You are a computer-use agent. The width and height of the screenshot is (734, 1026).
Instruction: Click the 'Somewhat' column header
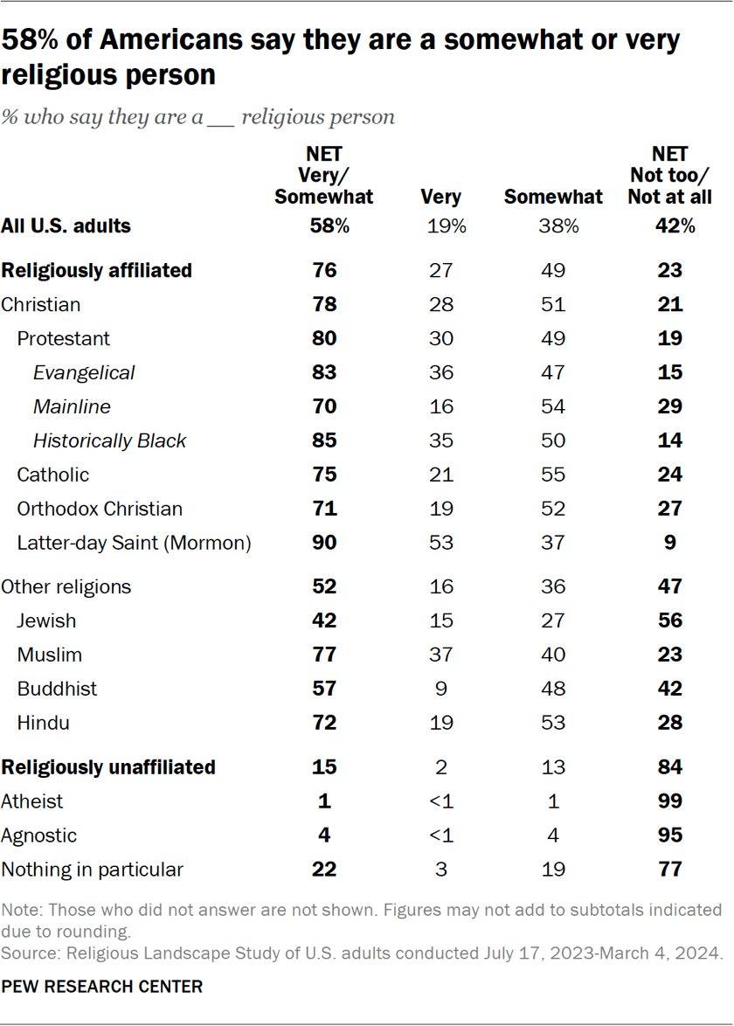point(553,197)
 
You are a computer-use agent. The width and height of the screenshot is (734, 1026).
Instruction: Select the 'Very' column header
point(440,197)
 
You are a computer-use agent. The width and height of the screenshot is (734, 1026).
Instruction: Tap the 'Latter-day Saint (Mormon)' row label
point(135,543)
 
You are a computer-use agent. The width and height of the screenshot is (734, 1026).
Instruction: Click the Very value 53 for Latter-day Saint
point(440,543)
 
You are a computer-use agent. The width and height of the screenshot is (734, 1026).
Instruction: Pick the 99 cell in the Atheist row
point(670,801)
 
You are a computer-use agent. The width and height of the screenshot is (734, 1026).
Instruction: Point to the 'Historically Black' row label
point(109,440)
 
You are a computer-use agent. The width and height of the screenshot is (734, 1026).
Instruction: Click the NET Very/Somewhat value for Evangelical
point(324,372)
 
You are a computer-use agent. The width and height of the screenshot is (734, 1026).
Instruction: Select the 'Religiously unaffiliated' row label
point(108,767)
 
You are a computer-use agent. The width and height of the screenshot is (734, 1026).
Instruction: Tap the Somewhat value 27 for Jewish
point(553,620)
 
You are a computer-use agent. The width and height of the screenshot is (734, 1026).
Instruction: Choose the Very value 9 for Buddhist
point(440,689)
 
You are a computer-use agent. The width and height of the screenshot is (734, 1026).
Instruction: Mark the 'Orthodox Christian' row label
point(100,509)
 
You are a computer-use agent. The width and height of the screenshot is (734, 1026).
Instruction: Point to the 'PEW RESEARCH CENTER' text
point(101,987)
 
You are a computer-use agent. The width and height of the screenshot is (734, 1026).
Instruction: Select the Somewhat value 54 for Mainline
point(553,406)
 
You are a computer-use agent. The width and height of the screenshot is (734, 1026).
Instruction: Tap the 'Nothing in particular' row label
point(93,870)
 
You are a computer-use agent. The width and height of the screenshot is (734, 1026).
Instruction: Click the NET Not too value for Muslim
point(670,655)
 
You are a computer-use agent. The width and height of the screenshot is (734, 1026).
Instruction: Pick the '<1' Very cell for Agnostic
point(440,835)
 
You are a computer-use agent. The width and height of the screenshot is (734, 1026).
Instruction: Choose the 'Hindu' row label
point(44,723)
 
